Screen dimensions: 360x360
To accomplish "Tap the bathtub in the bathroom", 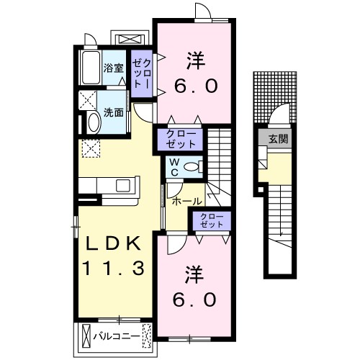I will pos(90,68).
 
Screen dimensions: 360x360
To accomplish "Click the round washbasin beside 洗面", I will pos(92,122).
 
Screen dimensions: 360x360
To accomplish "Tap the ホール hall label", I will pos(186,202).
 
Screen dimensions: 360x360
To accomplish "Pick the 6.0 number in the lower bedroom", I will pos(194,299).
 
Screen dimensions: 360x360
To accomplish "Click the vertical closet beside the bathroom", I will pos(140,74).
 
